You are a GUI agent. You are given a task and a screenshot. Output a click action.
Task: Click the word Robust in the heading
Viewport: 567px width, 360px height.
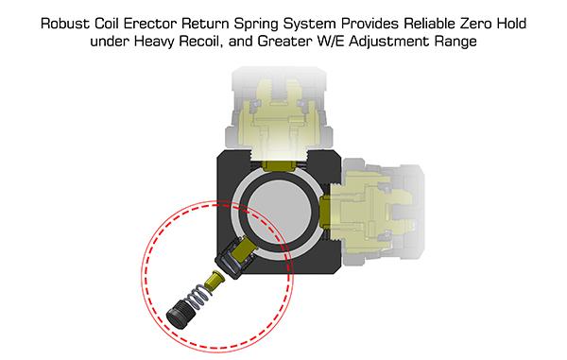coord(65,24)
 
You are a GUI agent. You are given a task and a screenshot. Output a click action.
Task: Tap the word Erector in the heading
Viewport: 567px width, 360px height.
coord(150,24)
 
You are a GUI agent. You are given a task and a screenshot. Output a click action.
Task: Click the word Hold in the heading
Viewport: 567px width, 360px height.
coord(511,24)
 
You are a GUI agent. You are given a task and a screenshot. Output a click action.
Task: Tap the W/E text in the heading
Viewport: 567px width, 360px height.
coord(331,42)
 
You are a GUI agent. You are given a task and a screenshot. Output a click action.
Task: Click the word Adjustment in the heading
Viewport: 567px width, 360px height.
coord(389,42)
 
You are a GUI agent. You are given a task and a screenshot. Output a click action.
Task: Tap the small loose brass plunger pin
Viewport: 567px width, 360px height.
coord(214,280)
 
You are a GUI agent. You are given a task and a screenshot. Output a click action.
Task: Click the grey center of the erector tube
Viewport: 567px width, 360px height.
coord(280,212)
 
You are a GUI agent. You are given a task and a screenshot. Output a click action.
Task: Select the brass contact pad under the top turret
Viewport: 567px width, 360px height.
coord(280,165)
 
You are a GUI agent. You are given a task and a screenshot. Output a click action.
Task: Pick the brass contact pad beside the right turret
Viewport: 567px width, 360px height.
coord(325,212)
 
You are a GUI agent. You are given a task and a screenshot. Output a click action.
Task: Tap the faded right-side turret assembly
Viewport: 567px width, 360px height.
coord(383,212)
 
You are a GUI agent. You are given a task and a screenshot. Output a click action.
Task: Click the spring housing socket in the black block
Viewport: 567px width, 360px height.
coord(236,257)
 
